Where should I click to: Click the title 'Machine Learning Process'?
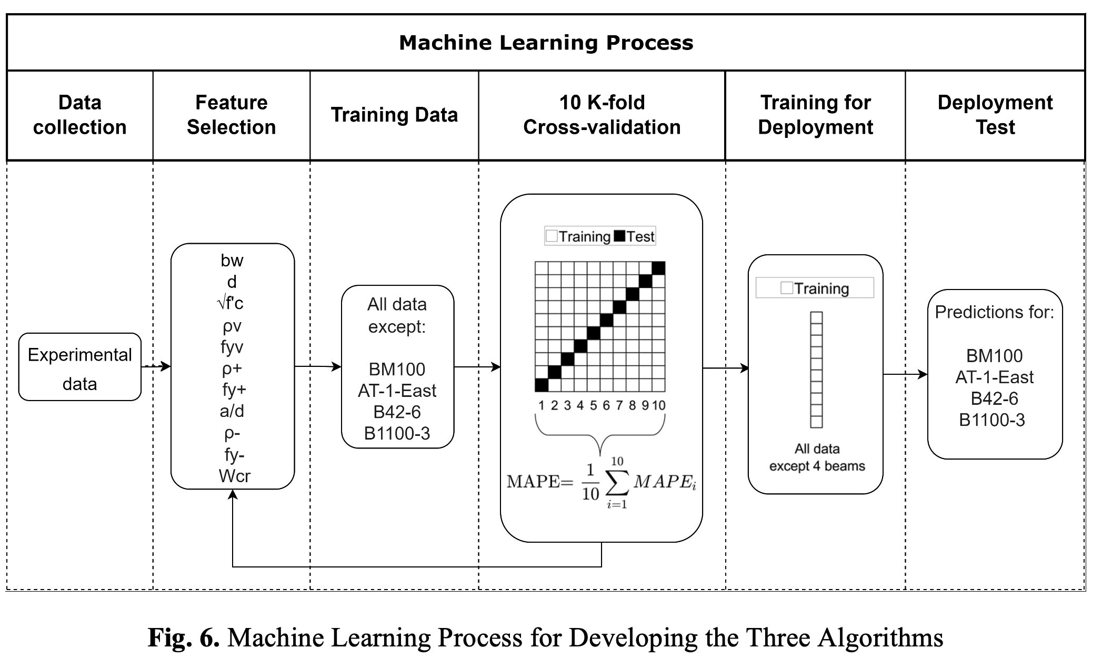click(x=546, y=43)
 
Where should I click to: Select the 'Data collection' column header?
click(x=79, y=115)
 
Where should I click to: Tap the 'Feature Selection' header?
click(x=231, y=115)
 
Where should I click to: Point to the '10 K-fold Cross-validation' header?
click(x=602, y=115)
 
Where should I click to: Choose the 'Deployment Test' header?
click(x=995, y=115)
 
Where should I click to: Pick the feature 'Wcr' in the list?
click(x=234, y=476)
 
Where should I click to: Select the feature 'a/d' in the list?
click(x=232, y=411)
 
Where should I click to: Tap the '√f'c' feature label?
click(x=231, y=303)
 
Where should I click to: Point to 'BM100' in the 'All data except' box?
click(x=397, y=370)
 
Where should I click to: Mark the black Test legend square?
click(x=619, y=236)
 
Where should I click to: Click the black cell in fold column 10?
click(x=658, y=268)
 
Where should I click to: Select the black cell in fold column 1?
click(x=542, y=385)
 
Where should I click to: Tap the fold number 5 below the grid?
click(x=593, y=405)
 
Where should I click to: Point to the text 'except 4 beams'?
click(x=817, y=466)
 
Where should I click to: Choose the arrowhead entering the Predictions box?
click(x=923, y=375)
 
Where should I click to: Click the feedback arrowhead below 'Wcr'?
click(x=233, y=494)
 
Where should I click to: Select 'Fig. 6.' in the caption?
click(x=183, y=637)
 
